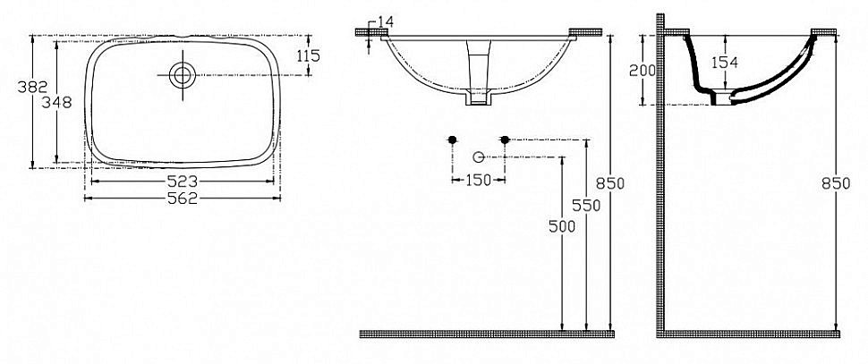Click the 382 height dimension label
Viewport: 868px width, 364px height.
tap(16, 87)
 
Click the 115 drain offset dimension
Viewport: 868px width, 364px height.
tap(307, 55)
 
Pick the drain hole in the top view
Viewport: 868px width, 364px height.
tap(183, 75)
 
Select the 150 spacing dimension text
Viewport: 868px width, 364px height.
tap(479, 181)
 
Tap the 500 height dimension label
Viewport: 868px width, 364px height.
tap(561, 227)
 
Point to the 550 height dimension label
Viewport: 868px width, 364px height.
tap(586, 205)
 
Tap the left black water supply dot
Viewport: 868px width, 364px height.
tap(453, 140)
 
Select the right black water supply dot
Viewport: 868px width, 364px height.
tap(505, 140)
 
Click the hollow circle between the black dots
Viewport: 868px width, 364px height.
tap(479, 157)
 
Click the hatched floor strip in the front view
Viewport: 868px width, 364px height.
tap(487, 334)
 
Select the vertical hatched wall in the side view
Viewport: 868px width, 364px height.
tap(660, 179)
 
